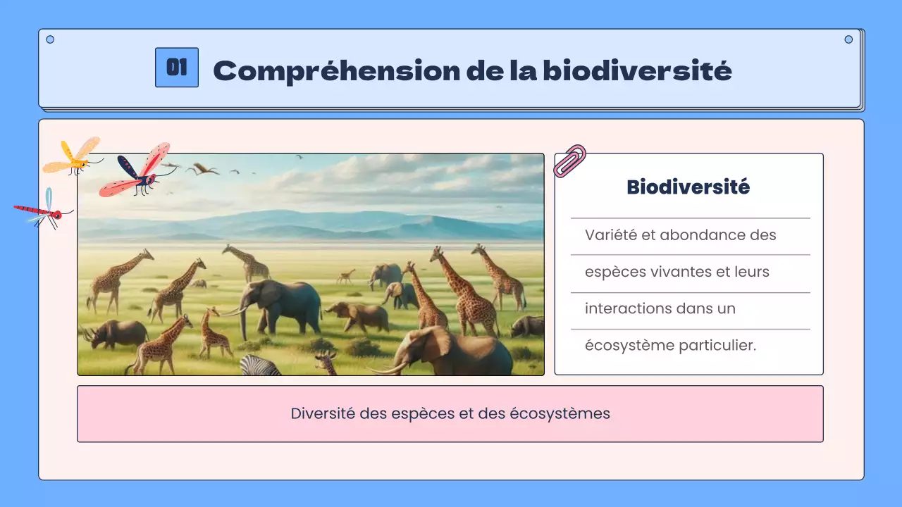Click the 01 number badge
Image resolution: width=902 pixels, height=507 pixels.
176,68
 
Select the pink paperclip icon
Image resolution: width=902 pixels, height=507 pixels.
569,161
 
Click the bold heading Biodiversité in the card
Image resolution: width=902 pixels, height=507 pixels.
688,187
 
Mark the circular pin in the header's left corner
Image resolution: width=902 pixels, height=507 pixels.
50,39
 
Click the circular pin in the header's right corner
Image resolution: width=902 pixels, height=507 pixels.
848,39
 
